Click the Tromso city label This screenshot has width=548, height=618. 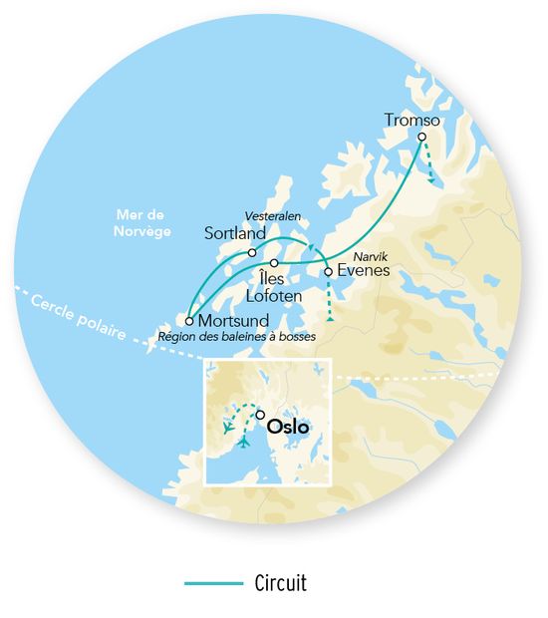[x=411, y=121]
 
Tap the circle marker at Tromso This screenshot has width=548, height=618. [x=421, y=137]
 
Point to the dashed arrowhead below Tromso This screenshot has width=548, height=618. [x=432, y=179]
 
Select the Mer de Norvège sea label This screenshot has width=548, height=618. [x=142, y=223]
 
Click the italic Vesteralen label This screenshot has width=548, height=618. [x=273, y=216]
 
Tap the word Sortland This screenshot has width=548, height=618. [x=234, y=233]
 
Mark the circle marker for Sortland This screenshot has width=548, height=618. [x=252, y=252]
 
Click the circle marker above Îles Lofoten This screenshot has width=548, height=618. [x=274, y=262]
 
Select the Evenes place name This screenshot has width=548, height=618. [x=363, y=270]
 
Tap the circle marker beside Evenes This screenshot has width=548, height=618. [x=329, y=270]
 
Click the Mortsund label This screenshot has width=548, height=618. [x=233, y=321]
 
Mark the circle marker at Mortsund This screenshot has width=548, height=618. [x=189, y=321]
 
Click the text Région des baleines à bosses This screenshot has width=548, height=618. [x=237, y=338]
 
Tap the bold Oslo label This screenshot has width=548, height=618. [x=288, y=427]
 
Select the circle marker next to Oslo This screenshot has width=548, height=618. [x=260, y=416]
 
